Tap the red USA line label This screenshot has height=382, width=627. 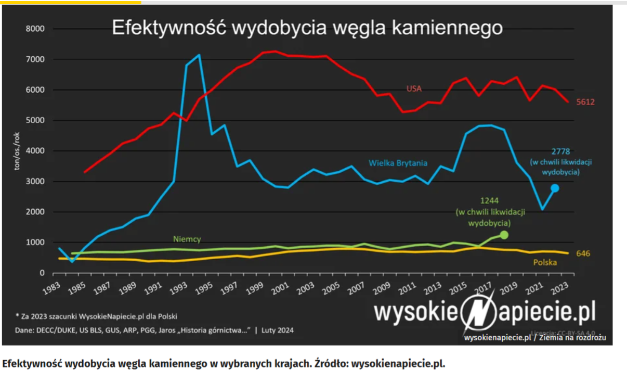414,89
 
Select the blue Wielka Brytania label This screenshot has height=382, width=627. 398,163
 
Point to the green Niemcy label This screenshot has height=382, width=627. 187,239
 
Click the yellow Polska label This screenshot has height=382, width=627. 545,263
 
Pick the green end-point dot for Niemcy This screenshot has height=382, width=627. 503,235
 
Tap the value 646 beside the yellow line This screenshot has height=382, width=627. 583,253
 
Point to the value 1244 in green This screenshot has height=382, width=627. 489,200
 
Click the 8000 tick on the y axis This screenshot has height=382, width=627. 36,29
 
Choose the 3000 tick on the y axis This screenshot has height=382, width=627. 36,182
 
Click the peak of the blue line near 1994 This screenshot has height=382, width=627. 199,55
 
